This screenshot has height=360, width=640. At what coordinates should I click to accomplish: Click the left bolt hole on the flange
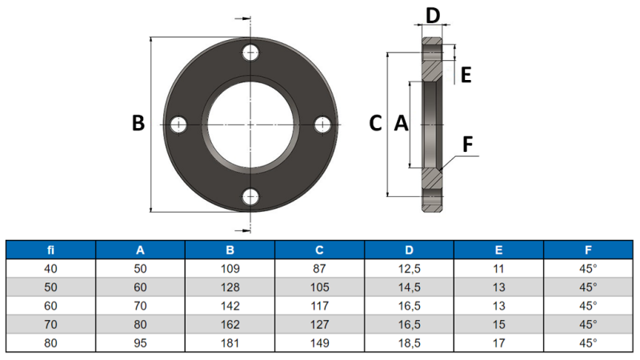point(178,125)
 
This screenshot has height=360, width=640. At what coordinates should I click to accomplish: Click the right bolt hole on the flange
point(322,125)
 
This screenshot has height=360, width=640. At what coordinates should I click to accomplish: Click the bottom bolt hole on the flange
point(251,196)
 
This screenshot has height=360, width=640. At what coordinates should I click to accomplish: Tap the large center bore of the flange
point(251,125)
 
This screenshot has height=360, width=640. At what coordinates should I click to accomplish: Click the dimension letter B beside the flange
point(138,124)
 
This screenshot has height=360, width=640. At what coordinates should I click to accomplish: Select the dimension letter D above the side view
point(432,16)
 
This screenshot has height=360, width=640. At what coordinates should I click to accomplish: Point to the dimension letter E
point(466,75)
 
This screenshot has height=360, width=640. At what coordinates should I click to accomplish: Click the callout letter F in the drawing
point(468,144)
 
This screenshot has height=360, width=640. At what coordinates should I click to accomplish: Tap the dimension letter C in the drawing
point(375,124)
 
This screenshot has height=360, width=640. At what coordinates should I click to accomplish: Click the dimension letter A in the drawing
point(402,124)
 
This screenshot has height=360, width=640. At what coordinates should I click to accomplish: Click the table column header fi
point(50,249)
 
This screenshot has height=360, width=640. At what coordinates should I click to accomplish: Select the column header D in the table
point(409,249)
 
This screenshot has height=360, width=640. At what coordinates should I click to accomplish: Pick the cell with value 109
point(230,268)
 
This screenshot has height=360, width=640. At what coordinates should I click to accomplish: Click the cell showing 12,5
point(409,268)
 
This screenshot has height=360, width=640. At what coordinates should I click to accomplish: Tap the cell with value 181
point(230,342)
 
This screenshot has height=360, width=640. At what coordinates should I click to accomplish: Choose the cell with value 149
point(319,342)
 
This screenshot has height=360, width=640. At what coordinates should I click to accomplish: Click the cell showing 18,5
point(409,342)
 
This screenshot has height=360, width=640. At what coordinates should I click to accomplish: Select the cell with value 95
point(140,342)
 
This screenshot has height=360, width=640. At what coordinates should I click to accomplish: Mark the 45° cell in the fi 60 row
point(588,305)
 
